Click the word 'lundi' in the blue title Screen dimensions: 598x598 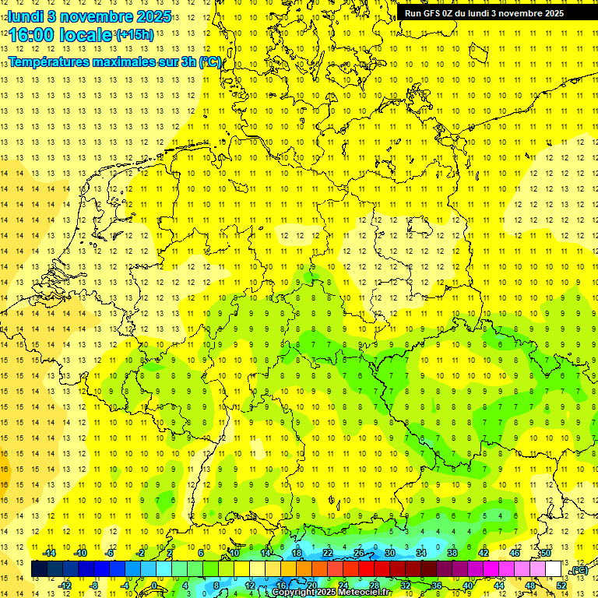tap(26, 16)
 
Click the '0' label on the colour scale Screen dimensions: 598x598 tap(154, 586)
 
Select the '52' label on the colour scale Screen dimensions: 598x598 tap(561, 586)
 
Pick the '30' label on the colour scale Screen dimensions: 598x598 tap(389, 553)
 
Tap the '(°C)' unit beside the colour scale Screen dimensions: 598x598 tap(579, 571)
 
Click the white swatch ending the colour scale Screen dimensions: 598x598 tap(553, 569)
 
